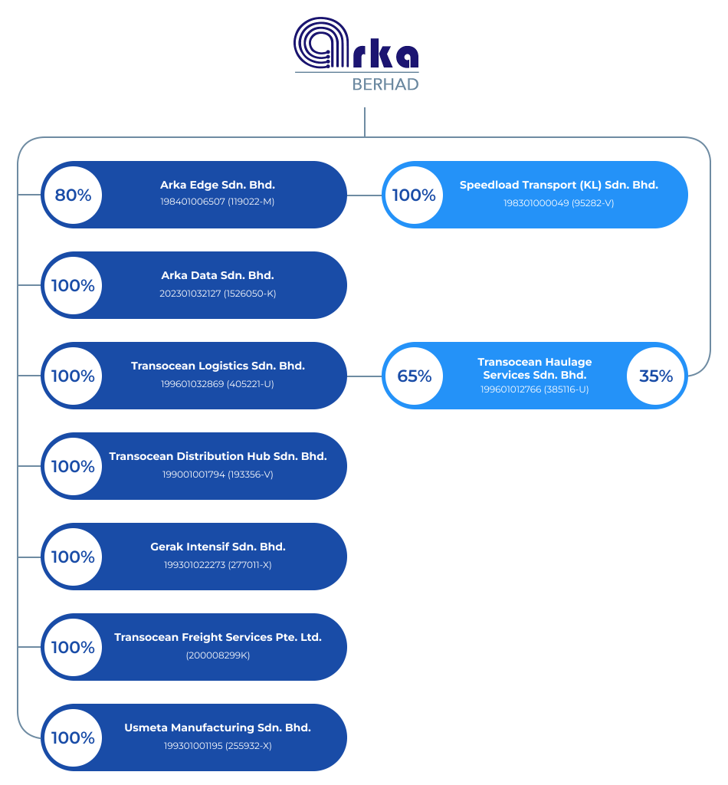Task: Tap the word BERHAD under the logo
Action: [x=385, y=84]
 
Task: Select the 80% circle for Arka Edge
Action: [x=73, y=195]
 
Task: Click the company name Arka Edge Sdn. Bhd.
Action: [x=218, y=185]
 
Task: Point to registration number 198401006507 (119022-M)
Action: [x=218, y=202]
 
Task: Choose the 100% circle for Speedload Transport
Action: [x=414, y=195]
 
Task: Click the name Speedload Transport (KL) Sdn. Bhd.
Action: [x=559, y=185]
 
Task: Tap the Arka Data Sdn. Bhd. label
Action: [x=218, y=275]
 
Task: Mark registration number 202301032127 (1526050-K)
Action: [x=218, y=293]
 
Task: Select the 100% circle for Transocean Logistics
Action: [x=73, y=376]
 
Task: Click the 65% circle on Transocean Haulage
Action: [x=414, y=376]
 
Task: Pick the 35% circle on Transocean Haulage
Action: [x=656, y=376]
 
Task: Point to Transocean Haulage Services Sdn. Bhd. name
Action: [x=535, y=368]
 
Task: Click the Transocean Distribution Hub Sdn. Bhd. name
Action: [x=218, y=456]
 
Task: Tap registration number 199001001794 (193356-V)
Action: [x=218, y=475]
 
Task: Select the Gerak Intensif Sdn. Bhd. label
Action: [x=218, y=547]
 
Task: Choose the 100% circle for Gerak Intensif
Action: [x=73, y=557]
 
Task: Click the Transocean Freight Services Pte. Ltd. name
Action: [x=218, y=637]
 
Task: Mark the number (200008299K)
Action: [x=218, y=655]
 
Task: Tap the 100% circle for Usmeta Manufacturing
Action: [x=73, y=737]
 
